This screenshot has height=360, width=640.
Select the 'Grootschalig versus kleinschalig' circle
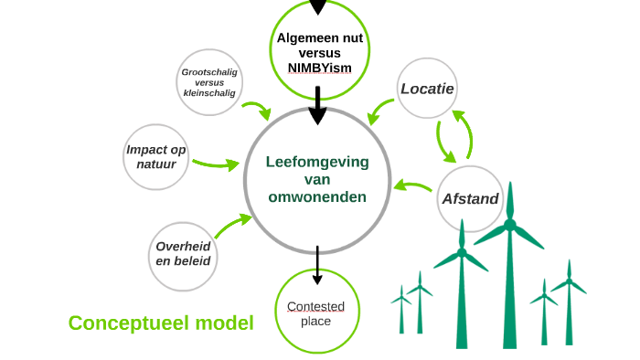208,82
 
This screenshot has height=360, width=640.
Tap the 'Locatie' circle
427,89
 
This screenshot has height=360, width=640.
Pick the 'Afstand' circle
470,198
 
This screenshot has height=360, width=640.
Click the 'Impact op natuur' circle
156,157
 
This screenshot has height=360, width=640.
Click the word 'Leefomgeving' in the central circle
317,162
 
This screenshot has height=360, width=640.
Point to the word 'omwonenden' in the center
317,196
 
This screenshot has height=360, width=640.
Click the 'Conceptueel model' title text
161,323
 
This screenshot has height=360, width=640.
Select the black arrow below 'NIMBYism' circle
317,105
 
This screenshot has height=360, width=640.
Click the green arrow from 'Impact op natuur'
216,164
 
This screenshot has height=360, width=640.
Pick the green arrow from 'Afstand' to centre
413,187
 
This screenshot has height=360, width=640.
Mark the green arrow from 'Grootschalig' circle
258,111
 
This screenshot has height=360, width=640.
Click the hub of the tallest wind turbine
509,224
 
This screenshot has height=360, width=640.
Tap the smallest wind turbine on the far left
401,309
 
